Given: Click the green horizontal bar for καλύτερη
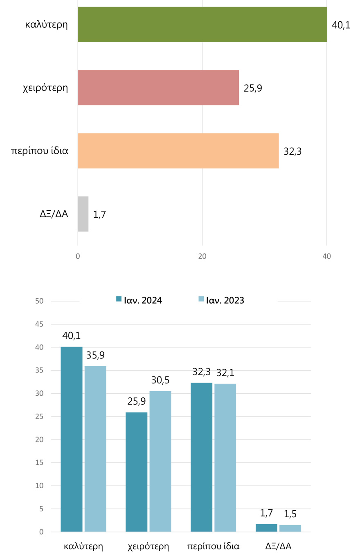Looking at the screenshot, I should [x=202, y=25].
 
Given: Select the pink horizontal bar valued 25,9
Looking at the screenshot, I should [x=158, y=88].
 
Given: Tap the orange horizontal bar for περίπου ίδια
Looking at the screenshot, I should [x=178, y=151].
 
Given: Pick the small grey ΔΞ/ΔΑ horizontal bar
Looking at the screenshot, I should [x=83, y=214].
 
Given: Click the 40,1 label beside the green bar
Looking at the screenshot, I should [x=341, y=25].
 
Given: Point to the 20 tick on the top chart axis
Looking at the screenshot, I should [x=202, y=257].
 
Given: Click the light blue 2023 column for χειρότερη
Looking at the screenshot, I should [x=160, y=461].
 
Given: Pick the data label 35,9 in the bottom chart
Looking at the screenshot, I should [x=95, y=355].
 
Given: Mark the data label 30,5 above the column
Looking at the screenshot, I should [x=160, y=380].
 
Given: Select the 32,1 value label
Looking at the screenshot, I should [x=225, y=373].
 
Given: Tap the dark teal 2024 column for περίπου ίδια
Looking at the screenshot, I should [x=201, y=457].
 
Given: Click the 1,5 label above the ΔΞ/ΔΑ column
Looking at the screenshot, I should [x=290, y=514].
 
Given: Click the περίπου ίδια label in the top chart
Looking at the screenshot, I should [x=39, y=151].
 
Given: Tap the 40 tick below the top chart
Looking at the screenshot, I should [x=326, y=257].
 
